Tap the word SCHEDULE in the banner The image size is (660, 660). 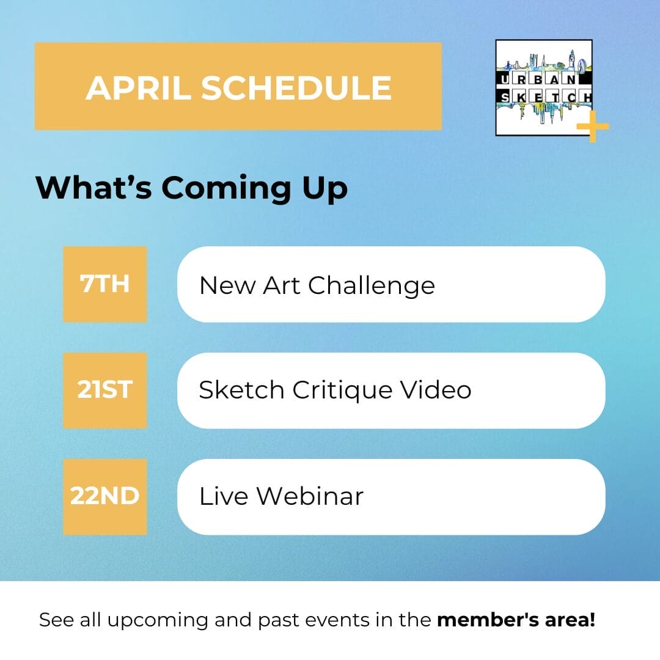click(x=296, y=88)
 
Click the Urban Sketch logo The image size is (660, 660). click(x=544, y=87)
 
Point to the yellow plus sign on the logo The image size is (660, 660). click(x=593, y=127)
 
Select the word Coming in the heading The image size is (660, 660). click(x=226, y=188)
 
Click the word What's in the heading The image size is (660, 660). click(x=94, y=187)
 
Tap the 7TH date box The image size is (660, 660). click(x=105, y=284)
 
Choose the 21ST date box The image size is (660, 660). click(x=105, y=390)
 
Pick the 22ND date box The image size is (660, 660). click(x=105, y=497)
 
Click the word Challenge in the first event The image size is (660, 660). click(x=372, y=286)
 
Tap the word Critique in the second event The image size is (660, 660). click(x=342, y=391)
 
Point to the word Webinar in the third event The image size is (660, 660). click(x=310, y=496)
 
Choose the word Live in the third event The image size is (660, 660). click(x=224, y=496)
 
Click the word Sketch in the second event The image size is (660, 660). click(x=241, y=389)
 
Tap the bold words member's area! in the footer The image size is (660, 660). click(x=516, y=620)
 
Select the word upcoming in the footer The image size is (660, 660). click(x=158, y=621)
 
